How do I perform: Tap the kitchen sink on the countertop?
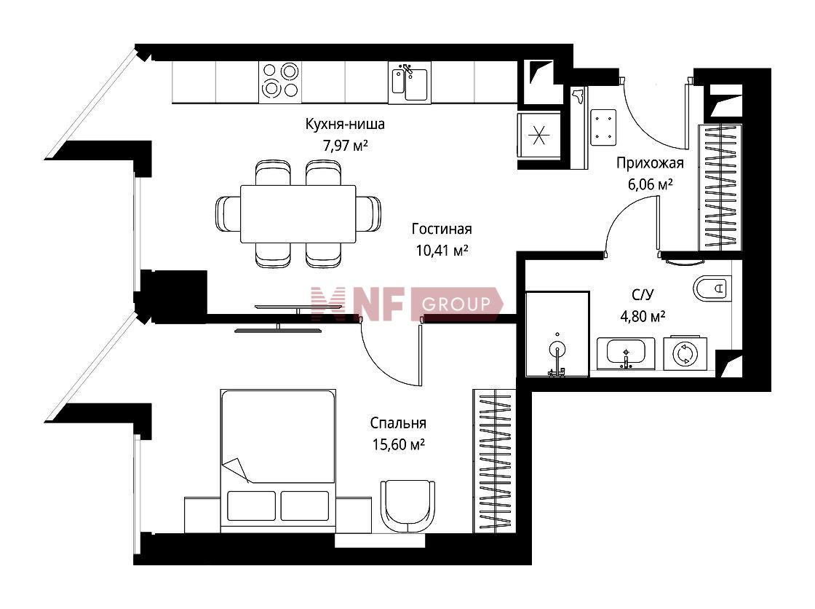[410, 82]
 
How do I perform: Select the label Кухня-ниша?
[345, 125]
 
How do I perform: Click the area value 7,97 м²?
[345, 145]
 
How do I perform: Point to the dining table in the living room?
[298, 214]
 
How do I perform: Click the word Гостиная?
[442, 229]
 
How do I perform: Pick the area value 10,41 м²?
[442, 251]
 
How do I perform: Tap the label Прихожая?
[650, 163]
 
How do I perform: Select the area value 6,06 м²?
[651, 184]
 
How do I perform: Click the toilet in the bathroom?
[712, 288]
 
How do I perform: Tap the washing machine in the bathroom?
[685, 353]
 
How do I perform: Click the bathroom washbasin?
[626, 353]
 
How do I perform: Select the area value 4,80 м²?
[643, 316]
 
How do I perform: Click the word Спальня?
[398, 423]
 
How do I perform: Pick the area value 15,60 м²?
[398, 445]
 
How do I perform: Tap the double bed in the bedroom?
[278, 460]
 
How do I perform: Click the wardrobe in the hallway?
[720, 187]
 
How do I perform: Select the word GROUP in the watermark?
[456, 304]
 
